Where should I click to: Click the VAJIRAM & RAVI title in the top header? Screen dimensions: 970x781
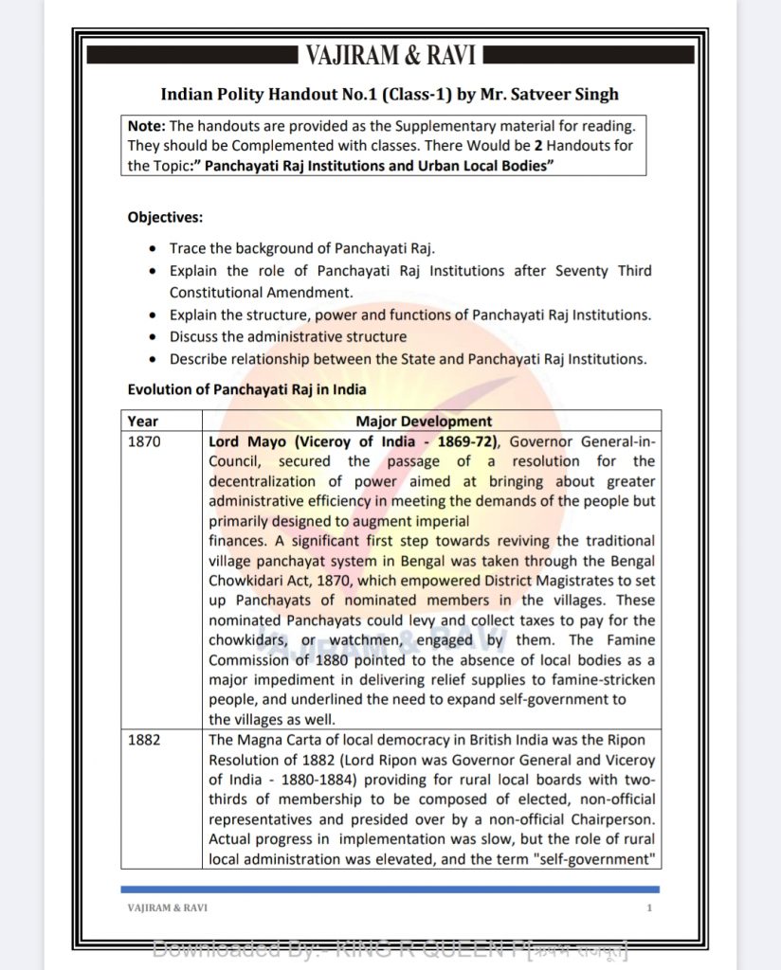(x=390, y=56)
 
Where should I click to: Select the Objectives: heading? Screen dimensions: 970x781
(x=165, y=217)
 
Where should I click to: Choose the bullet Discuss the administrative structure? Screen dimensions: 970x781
(x=288, y=336)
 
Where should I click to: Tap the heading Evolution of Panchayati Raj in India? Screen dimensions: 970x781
(x=246, y=389)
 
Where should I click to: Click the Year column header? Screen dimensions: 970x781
(x=143, y=422)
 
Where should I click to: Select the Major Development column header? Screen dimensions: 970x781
(x=424, y=422)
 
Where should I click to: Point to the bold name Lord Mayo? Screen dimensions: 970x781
(x=244, y=441)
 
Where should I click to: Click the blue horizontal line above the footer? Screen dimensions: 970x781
(x=390, y=889)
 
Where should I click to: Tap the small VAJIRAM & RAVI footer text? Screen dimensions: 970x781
(x=168, y=908)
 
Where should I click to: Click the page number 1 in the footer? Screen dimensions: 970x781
(x=649, y=908)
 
